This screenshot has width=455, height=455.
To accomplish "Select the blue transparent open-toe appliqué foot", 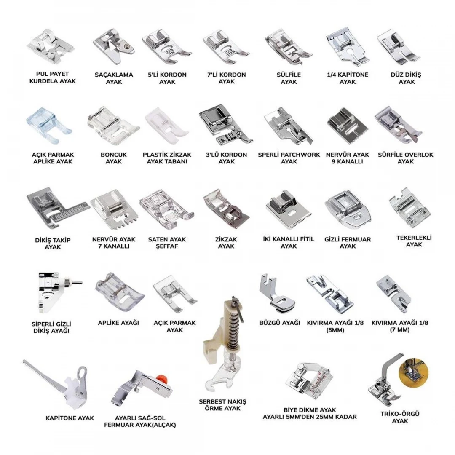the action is (x=48, y=126).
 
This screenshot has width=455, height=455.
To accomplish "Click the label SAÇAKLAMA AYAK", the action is (x=114, y=78).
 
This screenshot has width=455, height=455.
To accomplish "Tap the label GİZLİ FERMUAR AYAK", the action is (x=347, y=243).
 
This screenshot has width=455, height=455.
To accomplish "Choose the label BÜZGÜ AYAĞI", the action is (x=279, y=323).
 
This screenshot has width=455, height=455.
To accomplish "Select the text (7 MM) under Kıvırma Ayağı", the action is (x=400, y=329).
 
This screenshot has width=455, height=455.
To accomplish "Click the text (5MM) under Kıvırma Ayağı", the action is (x=335, y=330).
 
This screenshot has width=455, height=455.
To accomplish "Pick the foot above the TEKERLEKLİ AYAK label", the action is (x=410, y=209).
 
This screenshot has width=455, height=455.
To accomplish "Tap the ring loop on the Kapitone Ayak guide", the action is (x=82, y=372).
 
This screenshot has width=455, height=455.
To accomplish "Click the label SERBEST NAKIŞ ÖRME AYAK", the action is (x=222, y=405).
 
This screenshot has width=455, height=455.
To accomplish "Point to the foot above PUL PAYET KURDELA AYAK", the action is (x=51, y=46).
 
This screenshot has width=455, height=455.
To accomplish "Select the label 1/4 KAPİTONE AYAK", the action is (x=347, y=78).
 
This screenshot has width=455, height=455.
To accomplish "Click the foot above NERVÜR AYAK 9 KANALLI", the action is (x=346, y=126).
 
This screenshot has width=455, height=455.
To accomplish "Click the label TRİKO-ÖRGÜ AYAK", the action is (x=400, y=417).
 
